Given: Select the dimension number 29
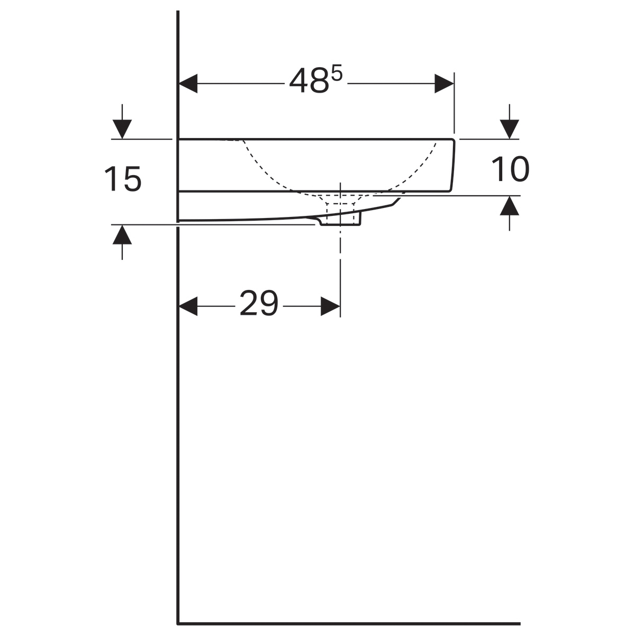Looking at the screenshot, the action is tap(259, 303).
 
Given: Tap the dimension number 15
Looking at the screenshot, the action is tap(123, 178).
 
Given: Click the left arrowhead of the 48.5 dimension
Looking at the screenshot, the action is tap(188, 84).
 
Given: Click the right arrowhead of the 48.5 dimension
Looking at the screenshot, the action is tap(444, 84).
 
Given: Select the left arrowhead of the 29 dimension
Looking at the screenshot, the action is tap(188, 306).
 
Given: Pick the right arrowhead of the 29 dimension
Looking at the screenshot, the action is tap(331, 306).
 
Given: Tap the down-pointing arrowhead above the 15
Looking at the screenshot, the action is tap(122, 129).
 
